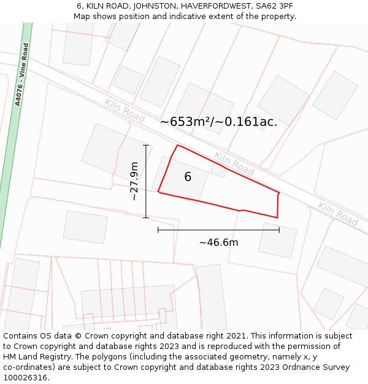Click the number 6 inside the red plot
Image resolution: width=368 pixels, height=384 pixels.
188,177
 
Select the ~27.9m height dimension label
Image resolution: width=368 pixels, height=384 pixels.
134,181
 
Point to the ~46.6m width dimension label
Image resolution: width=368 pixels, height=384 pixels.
218,243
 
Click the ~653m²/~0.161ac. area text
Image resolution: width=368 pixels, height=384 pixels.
219,122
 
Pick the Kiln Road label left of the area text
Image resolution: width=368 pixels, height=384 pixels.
125,111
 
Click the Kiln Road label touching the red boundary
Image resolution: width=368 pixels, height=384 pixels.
234,163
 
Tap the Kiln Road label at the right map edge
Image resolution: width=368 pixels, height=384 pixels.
338,213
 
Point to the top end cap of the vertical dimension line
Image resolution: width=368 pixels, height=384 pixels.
146,146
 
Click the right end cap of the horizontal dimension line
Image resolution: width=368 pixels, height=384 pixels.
279,230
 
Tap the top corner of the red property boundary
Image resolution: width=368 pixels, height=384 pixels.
178,146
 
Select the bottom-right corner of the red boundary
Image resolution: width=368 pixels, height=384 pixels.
277,217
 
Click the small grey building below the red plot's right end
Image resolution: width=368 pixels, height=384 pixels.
277,240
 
